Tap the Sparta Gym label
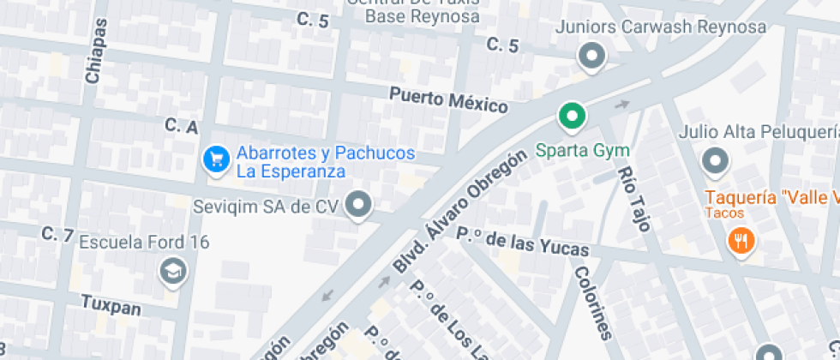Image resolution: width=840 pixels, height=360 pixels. click(x=582, y=151)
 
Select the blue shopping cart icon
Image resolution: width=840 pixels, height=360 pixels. click(x=216, y=158)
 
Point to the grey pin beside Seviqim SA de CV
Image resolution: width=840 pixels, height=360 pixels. click(x=361, y=205)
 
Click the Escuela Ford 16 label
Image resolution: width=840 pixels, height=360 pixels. click(x=144, y=243)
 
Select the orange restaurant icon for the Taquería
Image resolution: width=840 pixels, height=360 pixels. click(x=740, y=241)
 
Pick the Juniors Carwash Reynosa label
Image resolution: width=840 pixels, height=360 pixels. click(x=660, y=27)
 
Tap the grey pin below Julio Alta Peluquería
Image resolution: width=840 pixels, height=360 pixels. click(x=714, y=159)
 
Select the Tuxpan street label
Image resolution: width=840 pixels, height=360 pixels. click(x=111, y=304)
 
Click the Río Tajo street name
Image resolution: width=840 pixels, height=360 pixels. click(x=635, y=198)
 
